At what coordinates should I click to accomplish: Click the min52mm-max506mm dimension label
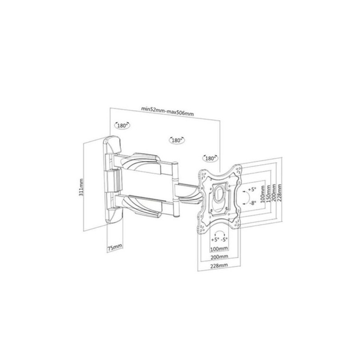point(167,111)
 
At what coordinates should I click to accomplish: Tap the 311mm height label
point(81,187)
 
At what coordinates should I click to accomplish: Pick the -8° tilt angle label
point(252,203)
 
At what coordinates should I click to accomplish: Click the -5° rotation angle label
point(224,239)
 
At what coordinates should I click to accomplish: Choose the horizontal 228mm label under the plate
point(219,265)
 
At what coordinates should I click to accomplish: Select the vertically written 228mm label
point(279,193)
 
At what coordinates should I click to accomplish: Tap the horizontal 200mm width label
point(219,256)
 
